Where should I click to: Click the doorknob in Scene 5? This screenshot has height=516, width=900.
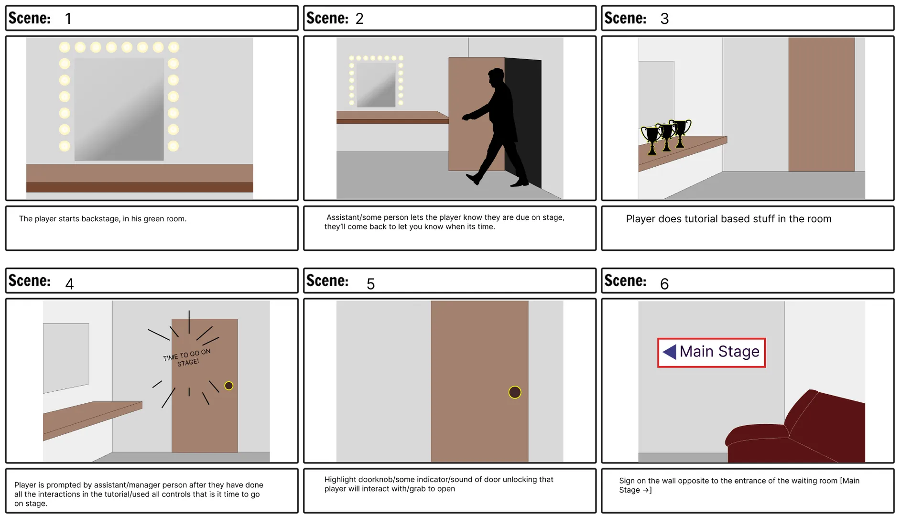(x=514, y=392)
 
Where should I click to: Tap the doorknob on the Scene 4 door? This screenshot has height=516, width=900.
(x=229, y=386)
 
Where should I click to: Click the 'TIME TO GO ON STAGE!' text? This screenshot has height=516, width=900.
(x=187, y=357)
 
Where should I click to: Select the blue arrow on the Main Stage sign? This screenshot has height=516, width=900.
(x=670, y=352)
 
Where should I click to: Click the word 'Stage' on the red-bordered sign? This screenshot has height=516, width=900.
(x=739, y=352)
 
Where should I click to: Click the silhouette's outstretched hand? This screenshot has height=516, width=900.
(x=466, y=117)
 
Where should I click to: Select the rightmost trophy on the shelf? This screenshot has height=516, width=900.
(x=681, y=132)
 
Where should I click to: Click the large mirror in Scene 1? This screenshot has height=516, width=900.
(x=119, y=109)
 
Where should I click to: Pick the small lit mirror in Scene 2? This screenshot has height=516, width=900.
(x=376, y=85)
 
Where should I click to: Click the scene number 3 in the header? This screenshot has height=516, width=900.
(x=664, y=19)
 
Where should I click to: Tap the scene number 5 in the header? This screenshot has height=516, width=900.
(x=370, y=284)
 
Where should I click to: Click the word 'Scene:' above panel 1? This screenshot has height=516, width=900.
(x=30, y=18)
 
